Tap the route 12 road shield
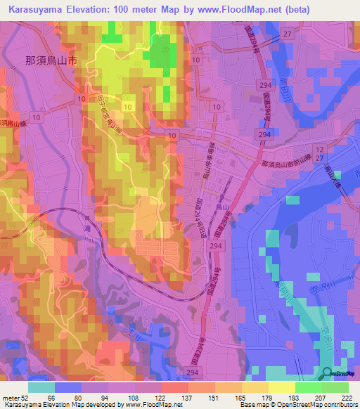319,150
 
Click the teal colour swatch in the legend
41,387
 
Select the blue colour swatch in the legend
68,387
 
